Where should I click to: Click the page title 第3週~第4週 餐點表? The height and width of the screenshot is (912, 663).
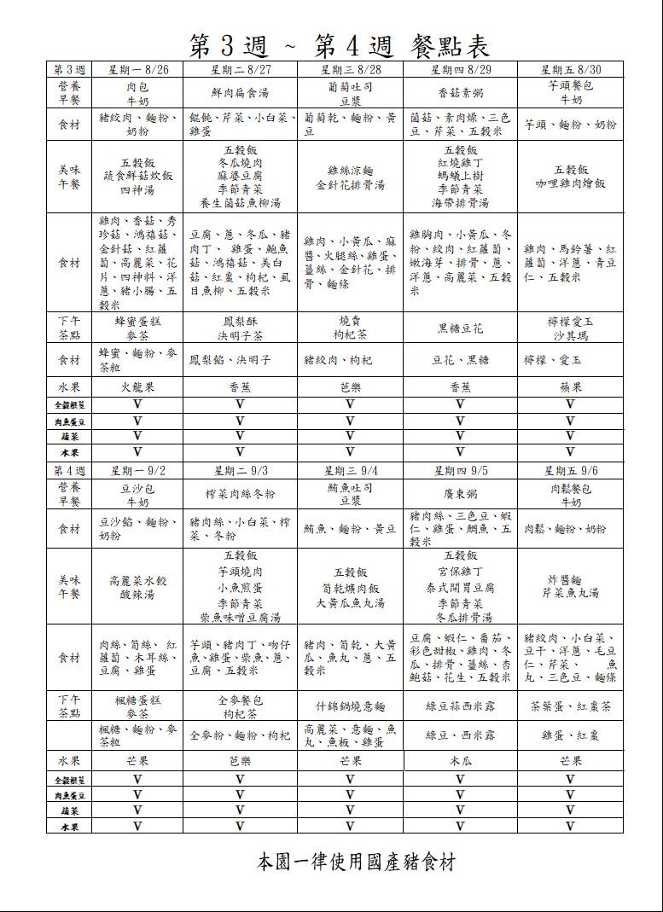pos(339,44)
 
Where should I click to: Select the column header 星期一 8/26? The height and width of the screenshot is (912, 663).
pos(137,69)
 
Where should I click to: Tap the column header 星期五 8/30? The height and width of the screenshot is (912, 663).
pos(570,69)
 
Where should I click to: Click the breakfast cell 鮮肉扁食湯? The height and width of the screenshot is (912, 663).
pos(240,93)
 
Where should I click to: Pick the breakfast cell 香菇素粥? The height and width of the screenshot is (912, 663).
pos(460,93)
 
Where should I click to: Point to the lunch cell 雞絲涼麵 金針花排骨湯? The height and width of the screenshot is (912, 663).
pos(350,177)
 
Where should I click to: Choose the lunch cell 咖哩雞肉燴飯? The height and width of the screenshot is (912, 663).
pos(570,177)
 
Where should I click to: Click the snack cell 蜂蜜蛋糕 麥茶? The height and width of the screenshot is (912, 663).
pos(137,328)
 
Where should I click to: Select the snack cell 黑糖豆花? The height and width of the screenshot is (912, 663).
pos(460,328)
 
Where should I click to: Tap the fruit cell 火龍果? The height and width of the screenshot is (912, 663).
pos(137,386)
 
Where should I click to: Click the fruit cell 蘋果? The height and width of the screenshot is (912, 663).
pos(570,386)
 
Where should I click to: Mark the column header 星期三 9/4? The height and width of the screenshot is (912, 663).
pos(350,471)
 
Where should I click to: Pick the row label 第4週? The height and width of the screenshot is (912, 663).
pos(70,471)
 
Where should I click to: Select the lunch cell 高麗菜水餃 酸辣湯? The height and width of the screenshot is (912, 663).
pos(137,588)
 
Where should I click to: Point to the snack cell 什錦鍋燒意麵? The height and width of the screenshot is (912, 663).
pos(350,706)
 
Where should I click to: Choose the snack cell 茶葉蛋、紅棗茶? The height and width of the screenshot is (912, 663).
pos(570,706)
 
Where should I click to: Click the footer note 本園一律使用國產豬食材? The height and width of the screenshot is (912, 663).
pos(357,862)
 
